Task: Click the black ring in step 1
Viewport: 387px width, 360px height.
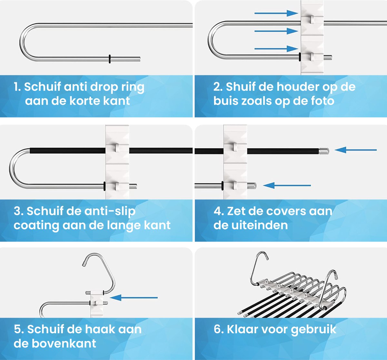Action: (110, 59)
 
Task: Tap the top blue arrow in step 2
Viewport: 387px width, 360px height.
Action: (276, 13)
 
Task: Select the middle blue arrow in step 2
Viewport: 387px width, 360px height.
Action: (276, 31)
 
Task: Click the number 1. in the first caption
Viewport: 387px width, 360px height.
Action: (17, 87)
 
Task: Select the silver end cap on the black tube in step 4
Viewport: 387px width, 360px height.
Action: (323, 150)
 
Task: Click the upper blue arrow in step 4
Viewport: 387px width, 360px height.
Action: (355, 150)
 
